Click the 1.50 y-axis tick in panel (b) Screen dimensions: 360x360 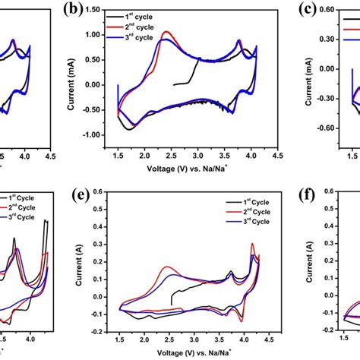97,10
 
